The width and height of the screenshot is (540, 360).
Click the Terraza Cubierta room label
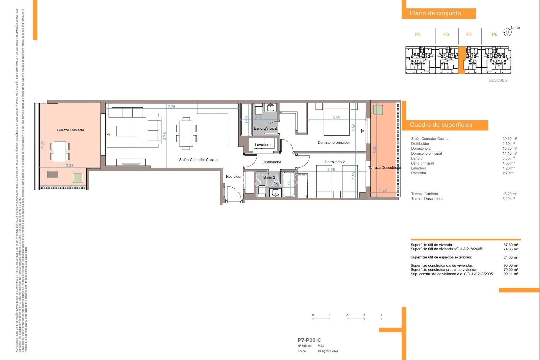click(x=70, y=130)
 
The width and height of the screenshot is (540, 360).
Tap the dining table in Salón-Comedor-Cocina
click(x=186, y=134)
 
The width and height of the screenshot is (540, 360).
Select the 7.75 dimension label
click(x=171, y=107)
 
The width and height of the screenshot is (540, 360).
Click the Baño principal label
click(x=265, y=129)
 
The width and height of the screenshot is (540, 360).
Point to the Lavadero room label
click(x=263, y=145)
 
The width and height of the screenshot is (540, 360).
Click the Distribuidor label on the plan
click(x=272, y=162)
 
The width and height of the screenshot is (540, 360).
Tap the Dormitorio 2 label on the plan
click(x=334, y=162)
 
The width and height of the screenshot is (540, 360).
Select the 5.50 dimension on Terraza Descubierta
click(x=374, y=149)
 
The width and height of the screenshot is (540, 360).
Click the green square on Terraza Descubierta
click(x=378, y=110)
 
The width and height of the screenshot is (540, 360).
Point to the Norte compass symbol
click(x=507, y=32)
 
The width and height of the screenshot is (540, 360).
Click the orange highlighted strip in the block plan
click(x=462, y=60)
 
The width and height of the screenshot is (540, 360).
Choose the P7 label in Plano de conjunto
click(x=469, y=34)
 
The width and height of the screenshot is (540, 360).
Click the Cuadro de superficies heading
click(x=441, y=125)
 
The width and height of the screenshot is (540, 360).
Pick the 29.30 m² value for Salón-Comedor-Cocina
click(x=509, y=139)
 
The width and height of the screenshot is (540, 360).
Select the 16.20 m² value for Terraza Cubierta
click(x=509, y=194)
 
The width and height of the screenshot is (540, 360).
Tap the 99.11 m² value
click(x=510, y=274)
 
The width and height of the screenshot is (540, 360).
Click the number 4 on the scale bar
click(x=381, y=315)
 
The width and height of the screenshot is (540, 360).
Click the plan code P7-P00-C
click(x=309, y=340)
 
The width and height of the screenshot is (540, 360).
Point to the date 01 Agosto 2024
click(x=328, y=351)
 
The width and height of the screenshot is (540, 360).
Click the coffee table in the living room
click(x=127, y=131)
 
